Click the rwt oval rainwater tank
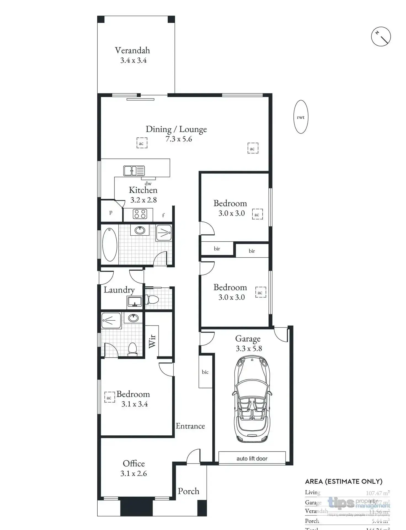pyautogui.click(x=300, y=117)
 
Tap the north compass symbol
pyautogui.click(x=381, y=36)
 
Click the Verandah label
pyautogui.click(x=132, y=50)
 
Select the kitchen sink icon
pyautogui.click(x=134, y=171)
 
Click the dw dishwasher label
pyautogui.click(x=148, y=183)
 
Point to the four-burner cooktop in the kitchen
pyautogui.click(x=140, y=214)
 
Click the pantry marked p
pyautogui.click(x=111, y=212)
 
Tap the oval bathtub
pyautogui.click(x=110, y=244)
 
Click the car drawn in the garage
pyautogui.click(x=252, y=399)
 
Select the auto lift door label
pyautogui.click(x=252, y=459)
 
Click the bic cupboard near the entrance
pyautogui.click(x=205, y=372)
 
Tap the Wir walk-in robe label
pyautogui.click(x=152, y=341)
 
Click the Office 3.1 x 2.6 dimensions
pyautogui.click(x=133, y=474)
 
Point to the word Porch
pyautogui.click(x=188, y=491)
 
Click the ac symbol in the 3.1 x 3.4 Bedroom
pyautogui.click(x=109, y=397)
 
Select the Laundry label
pyautogui.click(x=119, y=290)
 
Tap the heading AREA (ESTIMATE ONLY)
pyautogui.click(x=343, y=482)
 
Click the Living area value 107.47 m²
pyautogui.click(x=377, y=493)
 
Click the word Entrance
pyautogui.click(x=190, y=426)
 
